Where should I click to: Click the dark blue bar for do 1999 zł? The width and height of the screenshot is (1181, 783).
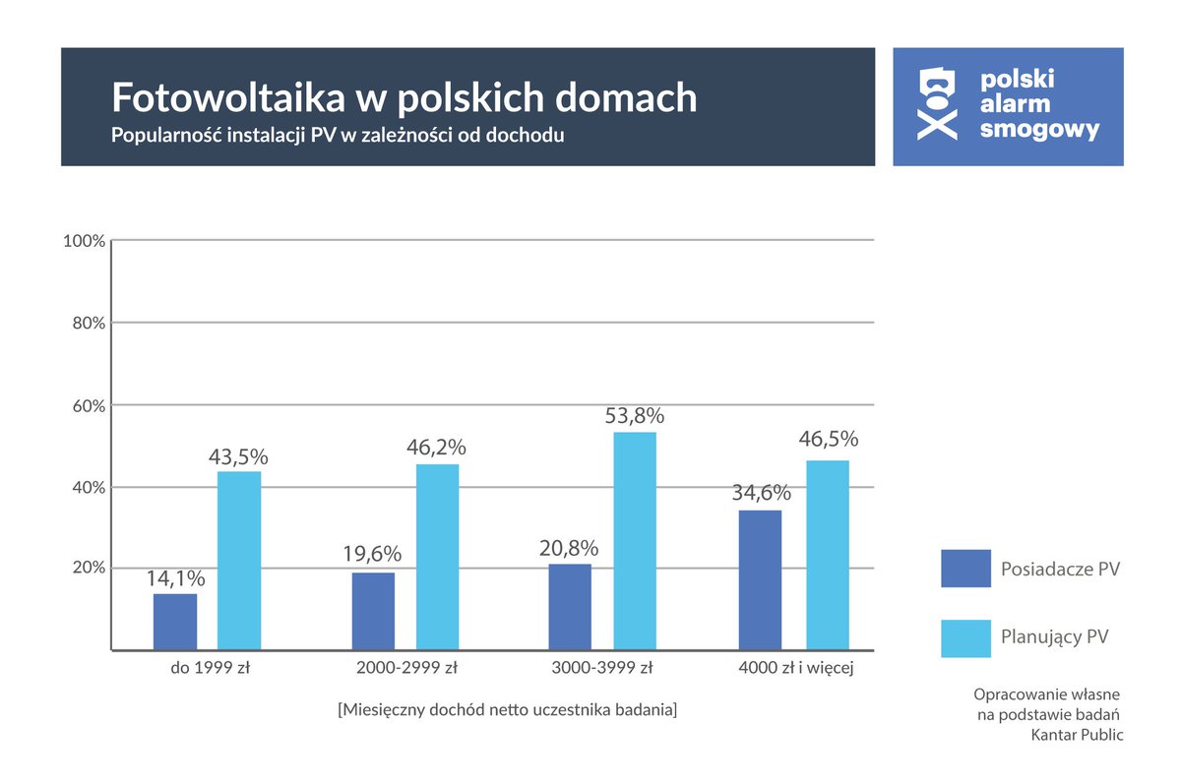pos(175,622)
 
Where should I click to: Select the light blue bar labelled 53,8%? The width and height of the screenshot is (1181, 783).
pos(635,541)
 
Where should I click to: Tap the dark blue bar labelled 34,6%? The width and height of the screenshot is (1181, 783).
pos(760,579)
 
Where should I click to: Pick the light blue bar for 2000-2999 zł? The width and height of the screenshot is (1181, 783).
pos(437,557)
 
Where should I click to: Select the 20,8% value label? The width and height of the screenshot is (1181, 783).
pos(569,547)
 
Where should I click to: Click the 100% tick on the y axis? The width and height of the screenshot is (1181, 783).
pos(84,241)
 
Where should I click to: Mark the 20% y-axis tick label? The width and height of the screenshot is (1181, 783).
pos(88,569)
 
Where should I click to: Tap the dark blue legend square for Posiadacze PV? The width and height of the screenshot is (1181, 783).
pos(965,569)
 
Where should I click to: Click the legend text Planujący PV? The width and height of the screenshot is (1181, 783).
pos(1054,637)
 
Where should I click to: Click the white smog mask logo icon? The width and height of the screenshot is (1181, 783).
pos(936,103)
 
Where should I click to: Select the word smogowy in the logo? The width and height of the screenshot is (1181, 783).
pos(1040,130)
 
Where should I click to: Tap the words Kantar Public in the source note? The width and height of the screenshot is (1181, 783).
pos(1076,734)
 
